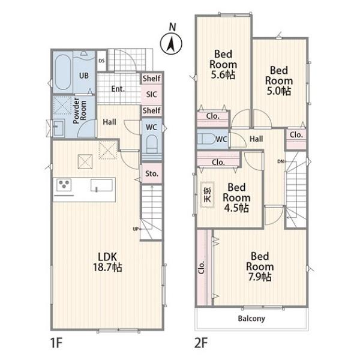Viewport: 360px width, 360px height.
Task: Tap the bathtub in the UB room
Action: coord(62,72)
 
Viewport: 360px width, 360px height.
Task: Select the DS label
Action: coord(101,61)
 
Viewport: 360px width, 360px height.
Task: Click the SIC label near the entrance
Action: coord(152,94)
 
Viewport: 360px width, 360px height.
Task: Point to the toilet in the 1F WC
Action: coord(152,144)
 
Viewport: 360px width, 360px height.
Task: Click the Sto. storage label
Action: coord(152,173)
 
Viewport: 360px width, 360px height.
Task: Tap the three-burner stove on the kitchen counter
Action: coord(64,185)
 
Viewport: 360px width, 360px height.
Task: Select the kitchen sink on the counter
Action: coord(101,185)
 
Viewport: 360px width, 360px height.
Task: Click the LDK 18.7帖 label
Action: coord(107,262)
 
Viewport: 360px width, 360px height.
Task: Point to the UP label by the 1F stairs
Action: coord(136,229)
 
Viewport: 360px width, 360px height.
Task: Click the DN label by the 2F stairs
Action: coord(280,161)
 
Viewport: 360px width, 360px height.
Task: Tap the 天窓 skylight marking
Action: coord(208,194)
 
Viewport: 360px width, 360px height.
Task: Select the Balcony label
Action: coord(251,319)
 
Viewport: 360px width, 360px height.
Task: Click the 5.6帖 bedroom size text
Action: coord(223,75)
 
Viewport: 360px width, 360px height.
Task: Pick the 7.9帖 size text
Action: coord(260,277)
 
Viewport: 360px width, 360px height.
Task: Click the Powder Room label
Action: coord(79,110)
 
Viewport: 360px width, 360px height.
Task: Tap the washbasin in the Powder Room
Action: coord(58,128)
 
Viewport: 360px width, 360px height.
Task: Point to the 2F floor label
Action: coord(201,343)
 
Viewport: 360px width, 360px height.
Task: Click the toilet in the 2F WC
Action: coord(206,139)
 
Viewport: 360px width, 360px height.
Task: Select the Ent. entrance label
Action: coord(118,89)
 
